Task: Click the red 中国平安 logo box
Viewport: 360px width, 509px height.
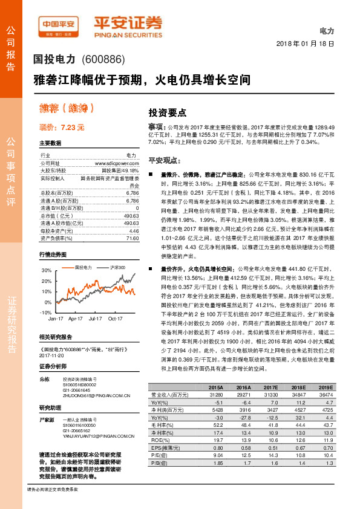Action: point(59,25)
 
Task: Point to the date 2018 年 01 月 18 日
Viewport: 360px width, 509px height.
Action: point(304,44)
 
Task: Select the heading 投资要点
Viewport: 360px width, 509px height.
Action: point(168,112)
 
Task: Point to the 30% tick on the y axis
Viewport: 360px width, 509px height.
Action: point(47,271)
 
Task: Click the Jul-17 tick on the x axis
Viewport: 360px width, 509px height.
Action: point(95,317)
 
